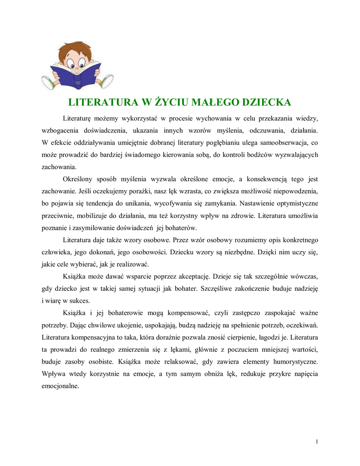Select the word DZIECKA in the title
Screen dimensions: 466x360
coord(264,101)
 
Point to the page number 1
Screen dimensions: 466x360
coord(317,441)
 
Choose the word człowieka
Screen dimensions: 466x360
coord(57,252)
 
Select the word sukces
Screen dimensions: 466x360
coord(81,301)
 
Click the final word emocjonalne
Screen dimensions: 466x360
coord(60,386)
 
